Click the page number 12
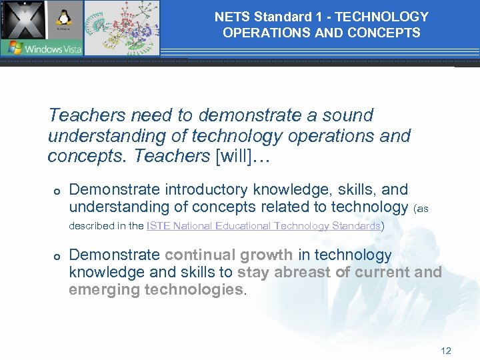pyautogui.click(x=446, y=351)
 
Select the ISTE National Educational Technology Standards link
pyautogui.click(x=263, y=226)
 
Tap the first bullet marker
pyautogui.click(x=57, y=191)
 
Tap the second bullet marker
pyautogui.click(x=57, y=257)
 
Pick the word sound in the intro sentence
pyautogui.click(x=347, y=115)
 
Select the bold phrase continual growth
pyautogui.click(x=229, y=255)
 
